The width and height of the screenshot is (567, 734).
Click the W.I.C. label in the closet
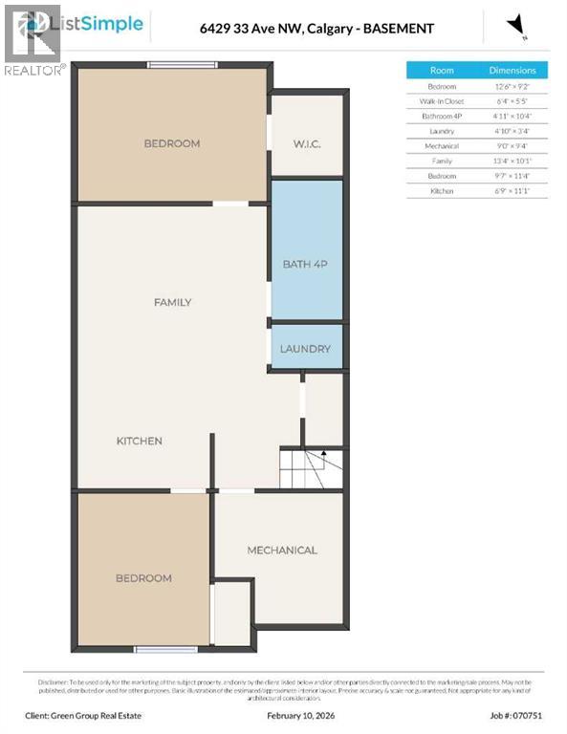306,144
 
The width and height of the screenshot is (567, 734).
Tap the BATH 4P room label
305,264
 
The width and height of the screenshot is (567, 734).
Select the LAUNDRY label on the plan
305,349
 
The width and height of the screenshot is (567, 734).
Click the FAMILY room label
173,302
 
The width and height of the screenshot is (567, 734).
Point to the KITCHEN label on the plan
140,441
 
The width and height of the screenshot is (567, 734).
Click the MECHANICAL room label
282,550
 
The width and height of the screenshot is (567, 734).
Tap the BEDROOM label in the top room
172,143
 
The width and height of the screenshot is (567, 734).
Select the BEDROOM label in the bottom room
143,578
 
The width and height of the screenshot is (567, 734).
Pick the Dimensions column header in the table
512,70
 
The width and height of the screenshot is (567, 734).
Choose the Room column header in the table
442,70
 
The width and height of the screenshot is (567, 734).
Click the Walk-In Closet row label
442,100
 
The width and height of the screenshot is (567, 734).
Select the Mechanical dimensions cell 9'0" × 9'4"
512,146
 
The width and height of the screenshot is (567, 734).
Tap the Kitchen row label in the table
442,191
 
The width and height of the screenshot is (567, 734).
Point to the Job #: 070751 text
519,713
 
